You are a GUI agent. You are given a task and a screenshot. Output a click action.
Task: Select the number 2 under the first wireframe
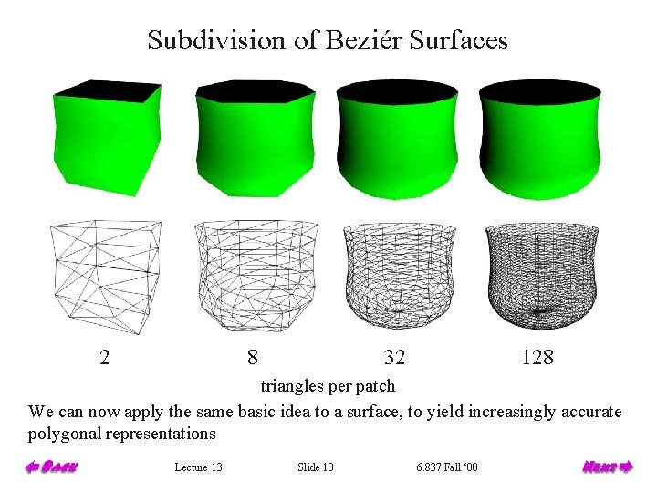coord(105,357)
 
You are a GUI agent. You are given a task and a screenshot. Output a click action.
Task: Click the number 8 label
coord(252,357)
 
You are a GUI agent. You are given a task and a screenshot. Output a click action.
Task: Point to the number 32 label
coord(395,357)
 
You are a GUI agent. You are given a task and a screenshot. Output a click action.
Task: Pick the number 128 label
coord(537,357)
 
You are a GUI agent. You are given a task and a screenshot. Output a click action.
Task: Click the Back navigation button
coord(51,467)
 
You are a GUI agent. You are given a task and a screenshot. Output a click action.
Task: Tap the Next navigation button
coord(607,467)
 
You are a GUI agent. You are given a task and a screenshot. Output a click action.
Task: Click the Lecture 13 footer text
coord(198,467)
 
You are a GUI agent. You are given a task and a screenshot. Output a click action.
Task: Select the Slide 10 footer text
coord(316,467)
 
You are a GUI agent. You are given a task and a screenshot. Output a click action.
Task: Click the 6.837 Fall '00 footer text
coord(446,467)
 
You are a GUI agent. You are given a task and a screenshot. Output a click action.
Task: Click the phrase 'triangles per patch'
coord(328,386)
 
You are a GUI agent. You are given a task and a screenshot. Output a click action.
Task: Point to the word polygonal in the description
coord(64,434)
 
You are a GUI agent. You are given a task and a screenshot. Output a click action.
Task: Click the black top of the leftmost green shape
coord(108,89)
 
